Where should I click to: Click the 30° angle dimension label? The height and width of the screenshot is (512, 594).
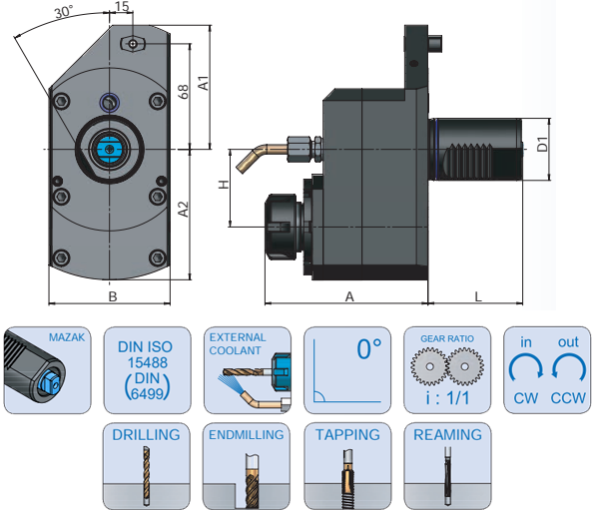pos(64,12)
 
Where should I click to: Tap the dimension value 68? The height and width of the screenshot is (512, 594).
pos(183,92)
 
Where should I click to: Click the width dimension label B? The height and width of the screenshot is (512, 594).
pos(113,296)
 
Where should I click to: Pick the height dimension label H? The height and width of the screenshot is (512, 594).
pos(225,184)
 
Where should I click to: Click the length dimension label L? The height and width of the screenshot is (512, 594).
pos(479,296)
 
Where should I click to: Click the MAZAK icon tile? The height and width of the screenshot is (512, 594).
pos(46,369)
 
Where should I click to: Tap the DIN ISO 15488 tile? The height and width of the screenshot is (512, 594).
pos(146,369)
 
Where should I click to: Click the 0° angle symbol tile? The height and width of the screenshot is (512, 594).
pos(345,369)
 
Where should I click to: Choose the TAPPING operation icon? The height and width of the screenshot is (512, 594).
pos(346,467)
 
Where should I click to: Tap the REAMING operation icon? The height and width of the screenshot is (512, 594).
pos(446,467)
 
